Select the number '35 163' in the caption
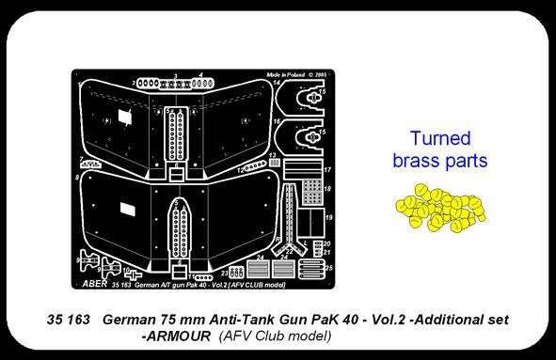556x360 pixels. coord(67,321)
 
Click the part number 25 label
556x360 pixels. coord(329,269)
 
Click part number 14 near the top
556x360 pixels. coord(277,84)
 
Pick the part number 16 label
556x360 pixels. coord(277,121)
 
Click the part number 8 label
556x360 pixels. coord(75,176)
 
